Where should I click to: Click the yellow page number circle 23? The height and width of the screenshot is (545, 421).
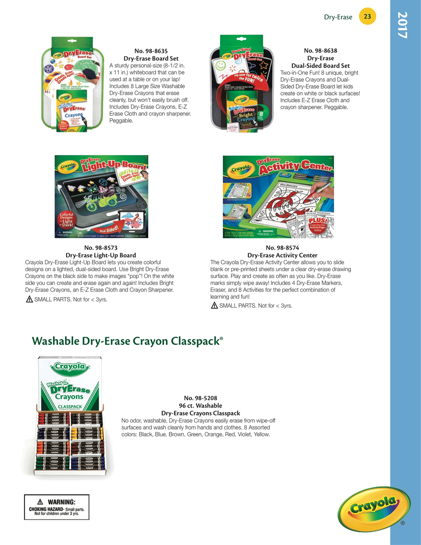tap(367, 16)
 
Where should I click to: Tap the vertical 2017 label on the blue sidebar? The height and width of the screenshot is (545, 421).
tap(402, 25)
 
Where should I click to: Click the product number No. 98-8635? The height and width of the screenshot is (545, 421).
tap(151, 51)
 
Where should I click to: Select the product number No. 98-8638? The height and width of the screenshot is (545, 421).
tap(320, 51)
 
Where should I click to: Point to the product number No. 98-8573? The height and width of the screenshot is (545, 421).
tap(101, 248)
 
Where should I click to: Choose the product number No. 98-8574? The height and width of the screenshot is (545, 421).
tap(282, 248)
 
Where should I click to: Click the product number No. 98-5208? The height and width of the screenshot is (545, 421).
tap(201, 398)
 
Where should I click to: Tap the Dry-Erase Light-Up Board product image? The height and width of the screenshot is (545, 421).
tap(101, 196)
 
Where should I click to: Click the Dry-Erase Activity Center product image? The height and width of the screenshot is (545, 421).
tap(278, 197)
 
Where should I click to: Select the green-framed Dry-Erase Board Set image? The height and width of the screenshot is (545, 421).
tap(72, 84)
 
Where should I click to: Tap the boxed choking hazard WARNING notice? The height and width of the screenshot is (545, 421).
tap(57, 507)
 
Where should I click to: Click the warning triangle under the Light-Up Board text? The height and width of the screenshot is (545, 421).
tap(29, 299)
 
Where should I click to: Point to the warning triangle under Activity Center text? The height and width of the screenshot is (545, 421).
tap(214, 305)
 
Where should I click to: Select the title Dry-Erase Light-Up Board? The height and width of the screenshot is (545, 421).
tap(101, 255)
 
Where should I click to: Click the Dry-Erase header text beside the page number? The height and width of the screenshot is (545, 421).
tap(338, 17)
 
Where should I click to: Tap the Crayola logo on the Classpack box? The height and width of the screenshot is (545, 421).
tap(70, 367)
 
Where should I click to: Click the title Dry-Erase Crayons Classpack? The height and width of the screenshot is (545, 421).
tap(201, 413)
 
